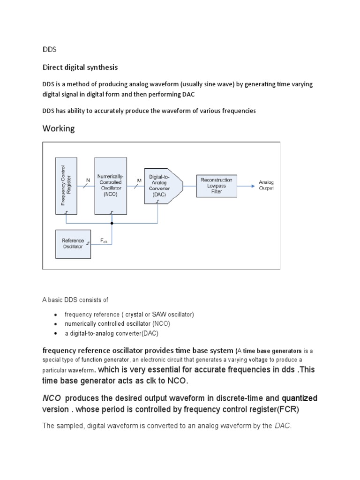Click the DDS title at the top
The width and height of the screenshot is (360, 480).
(x=49, y=49)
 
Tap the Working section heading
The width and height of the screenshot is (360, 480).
(x=59, y=128)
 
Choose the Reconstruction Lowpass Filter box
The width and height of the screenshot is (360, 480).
(x=216, y=186)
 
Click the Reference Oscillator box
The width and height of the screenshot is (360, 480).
(x=73, y=244)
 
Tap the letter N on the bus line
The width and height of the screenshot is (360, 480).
(x=88, y=180)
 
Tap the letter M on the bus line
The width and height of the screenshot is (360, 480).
(x=139, y=180)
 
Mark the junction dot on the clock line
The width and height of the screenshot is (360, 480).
(x=112, y=223)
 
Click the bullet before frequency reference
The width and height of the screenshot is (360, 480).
(x=56, y=314)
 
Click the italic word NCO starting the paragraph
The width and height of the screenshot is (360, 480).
(x=52, y=398)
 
